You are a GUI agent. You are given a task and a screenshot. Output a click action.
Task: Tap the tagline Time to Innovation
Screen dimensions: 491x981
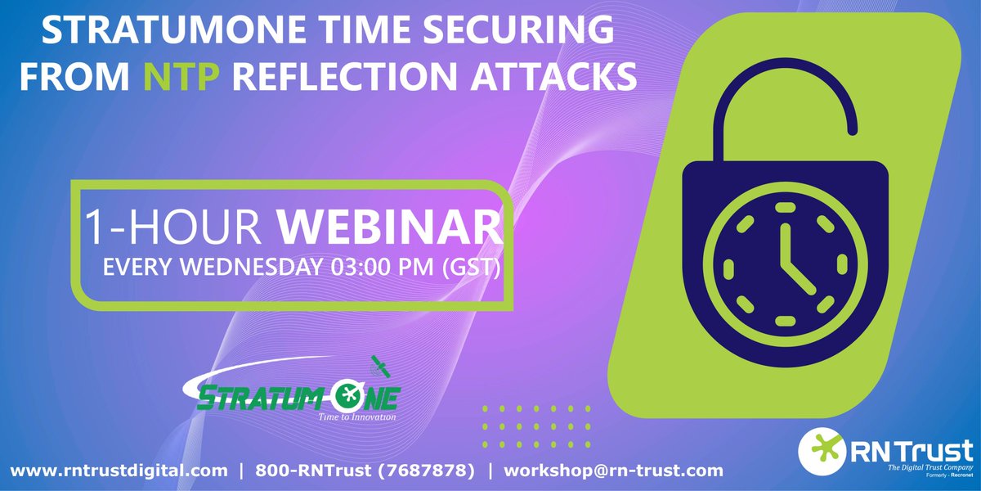356,417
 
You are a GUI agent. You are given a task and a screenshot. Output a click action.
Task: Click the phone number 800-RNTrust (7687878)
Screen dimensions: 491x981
365,471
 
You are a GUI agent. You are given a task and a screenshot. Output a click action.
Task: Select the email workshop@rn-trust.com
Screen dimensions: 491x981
613,471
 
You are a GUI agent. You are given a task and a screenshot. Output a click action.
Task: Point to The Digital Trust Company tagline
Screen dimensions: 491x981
929,466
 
